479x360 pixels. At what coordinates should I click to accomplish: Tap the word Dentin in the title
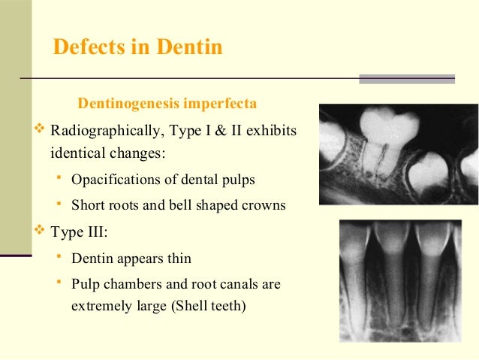click(189, 47)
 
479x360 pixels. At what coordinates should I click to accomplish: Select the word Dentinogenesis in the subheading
click(131, 101)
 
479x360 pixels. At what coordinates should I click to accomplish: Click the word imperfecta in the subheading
click(225, 101)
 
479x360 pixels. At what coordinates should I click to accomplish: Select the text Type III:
click(80, 230)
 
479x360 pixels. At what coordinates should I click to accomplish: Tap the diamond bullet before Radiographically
click(41, 132)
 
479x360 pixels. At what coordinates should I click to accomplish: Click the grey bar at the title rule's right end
click(407, 78)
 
